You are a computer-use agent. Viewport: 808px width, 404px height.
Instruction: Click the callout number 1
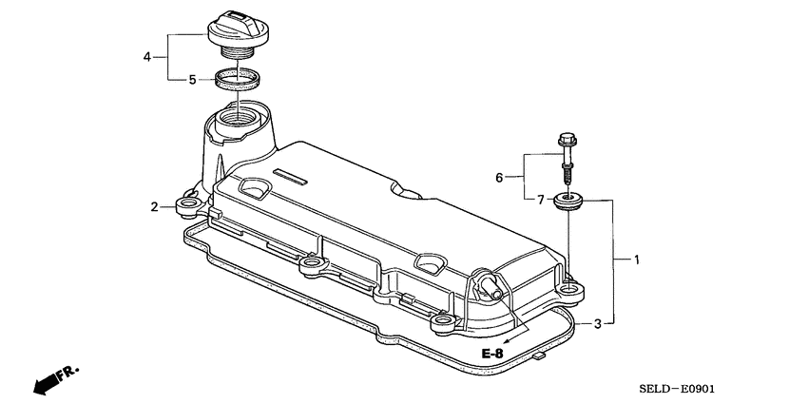637,259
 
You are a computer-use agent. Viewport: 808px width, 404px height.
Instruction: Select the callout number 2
154,206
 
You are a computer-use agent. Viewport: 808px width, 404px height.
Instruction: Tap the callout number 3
597,324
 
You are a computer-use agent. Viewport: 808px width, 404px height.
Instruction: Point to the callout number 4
147,57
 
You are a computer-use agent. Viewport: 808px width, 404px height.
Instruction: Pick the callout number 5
192,80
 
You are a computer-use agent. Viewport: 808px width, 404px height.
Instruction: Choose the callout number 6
498,177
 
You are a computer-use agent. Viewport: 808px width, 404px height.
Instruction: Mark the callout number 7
540,199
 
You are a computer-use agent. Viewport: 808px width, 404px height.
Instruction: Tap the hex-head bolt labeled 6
568,157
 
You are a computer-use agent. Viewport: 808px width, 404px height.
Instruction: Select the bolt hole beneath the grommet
568,285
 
